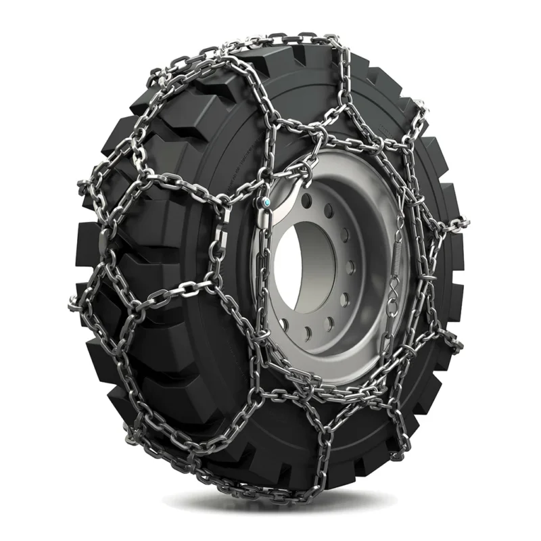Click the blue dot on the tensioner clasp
[x=268, y=202]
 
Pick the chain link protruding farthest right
[x=461, y=220]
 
